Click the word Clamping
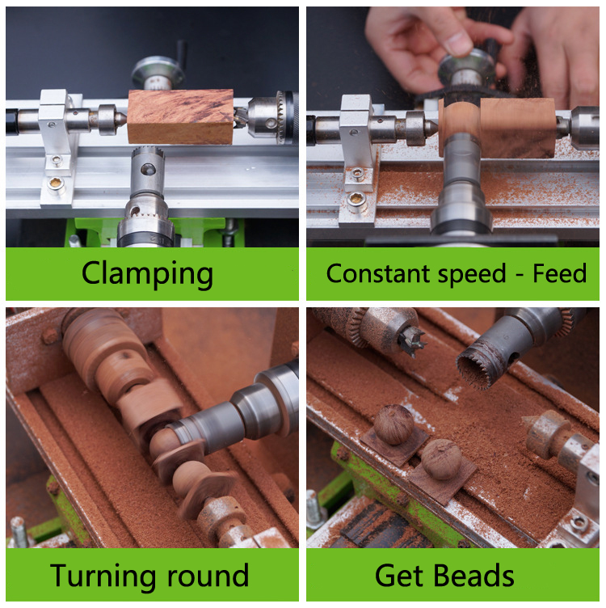pyautogui.click(x=147, y=274)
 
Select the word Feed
pyautogui.click(x=559, y=273)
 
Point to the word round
pyautogui.click(x=208, y=576)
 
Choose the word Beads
pyautogui.click(x=473, y=576)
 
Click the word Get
pyautogui.click(x=398, y=576)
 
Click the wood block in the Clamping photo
pyautogui.click(x=180, y=116)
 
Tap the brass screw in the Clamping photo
pyautogui.click(x=55, y=183)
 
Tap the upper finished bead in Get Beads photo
pyautogui.click(x=393, y=424)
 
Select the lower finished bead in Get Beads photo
pyautogui.click(x=441, y=459)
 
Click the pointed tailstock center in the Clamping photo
pyautogui.click(x=121, y=120)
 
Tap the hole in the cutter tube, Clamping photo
pyautogui.click(x=148, y=170)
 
